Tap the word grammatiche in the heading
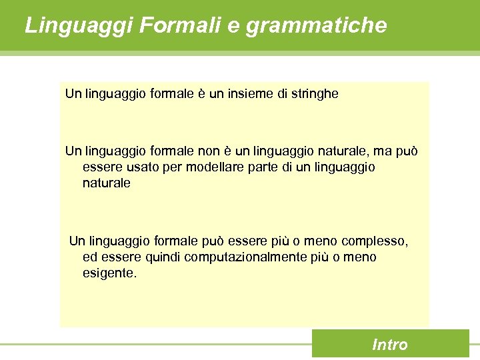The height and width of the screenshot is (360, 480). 316,26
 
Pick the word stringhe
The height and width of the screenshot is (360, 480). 313,94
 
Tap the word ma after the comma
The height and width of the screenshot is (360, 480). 382,151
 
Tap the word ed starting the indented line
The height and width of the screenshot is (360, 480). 89,257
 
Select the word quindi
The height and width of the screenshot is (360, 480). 162,257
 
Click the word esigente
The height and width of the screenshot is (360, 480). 110,273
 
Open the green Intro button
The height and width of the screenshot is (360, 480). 390,344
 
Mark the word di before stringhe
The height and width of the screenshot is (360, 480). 282,94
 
